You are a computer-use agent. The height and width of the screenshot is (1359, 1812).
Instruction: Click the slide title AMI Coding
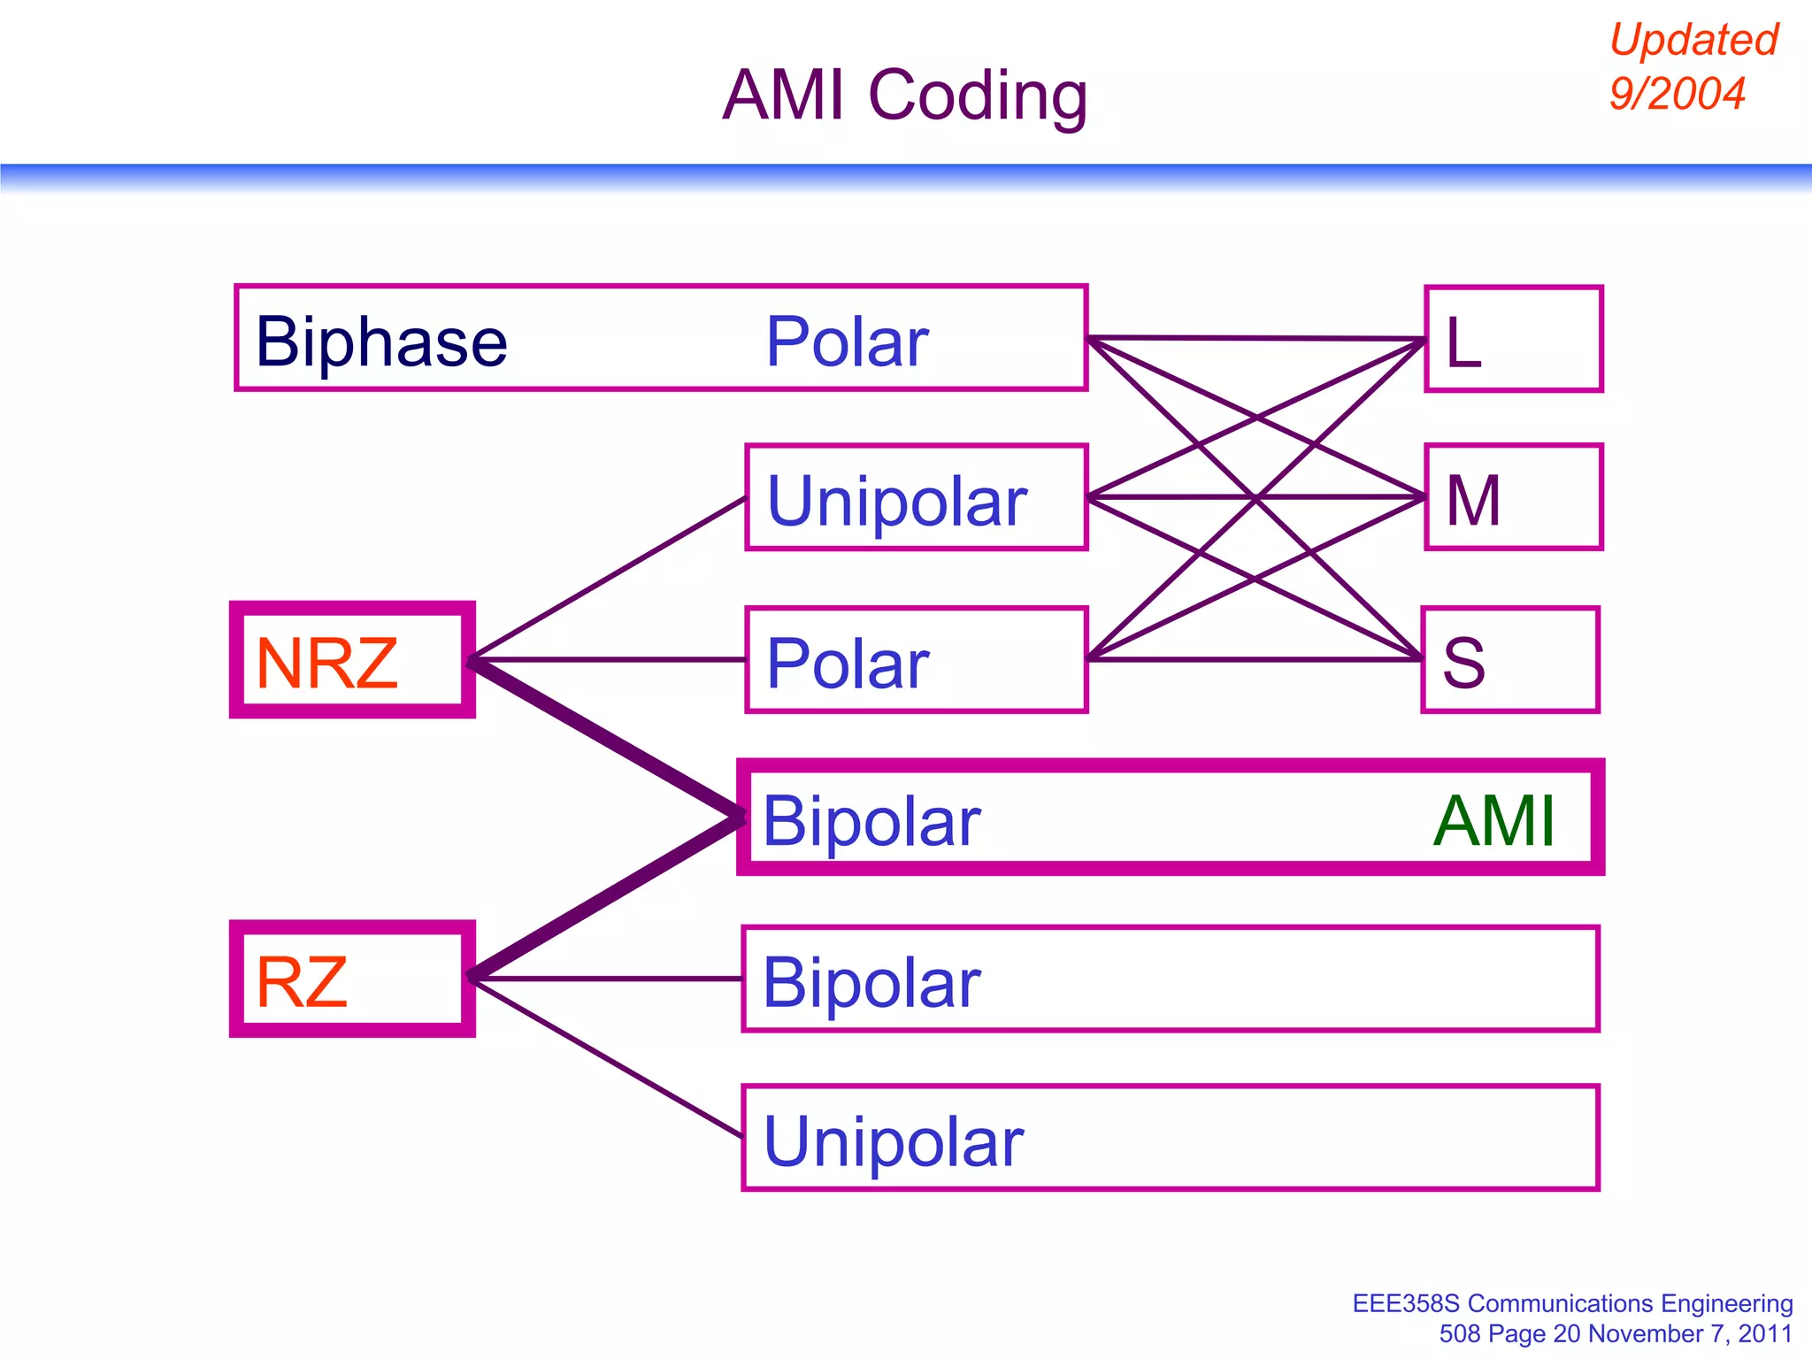point(904,96)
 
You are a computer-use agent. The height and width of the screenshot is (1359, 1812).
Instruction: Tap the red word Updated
point(1693,40)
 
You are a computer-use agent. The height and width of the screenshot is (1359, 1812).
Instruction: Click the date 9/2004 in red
point(1677,93)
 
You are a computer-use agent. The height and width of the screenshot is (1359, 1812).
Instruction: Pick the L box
point(1513,339)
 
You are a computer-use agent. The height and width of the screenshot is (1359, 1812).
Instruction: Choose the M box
point(1513,498)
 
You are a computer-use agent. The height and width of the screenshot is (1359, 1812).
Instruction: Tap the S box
point(1509,660)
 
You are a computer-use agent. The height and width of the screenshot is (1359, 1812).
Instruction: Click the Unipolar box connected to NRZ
point(916,498)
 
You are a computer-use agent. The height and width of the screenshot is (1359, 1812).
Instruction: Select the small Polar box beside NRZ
point(916,660)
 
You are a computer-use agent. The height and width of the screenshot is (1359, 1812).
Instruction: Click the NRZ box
point(352,660)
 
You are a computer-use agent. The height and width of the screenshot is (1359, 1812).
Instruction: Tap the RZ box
point(352,979)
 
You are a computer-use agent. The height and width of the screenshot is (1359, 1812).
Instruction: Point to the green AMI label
point(1493,821)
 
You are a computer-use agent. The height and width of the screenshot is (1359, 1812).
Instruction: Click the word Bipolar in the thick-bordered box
point(871,821)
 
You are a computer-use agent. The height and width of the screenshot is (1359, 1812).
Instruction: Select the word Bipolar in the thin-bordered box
point(871,982)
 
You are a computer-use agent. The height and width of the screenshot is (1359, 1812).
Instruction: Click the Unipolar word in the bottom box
point(894,1141)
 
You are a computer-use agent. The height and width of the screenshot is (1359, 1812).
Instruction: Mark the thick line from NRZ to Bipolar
point(606,739)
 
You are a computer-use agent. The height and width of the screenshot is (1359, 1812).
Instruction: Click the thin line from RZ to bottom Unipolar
point(606,1057)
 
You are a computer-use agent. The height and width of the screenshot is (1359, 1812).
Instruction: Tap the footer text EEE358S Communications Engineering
point(1572,1304)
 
